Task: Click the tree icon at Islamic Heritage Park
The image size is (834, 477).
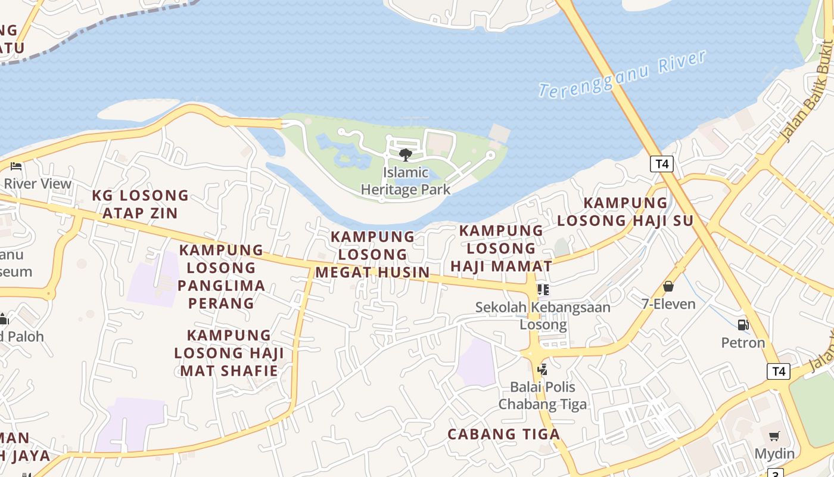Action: click(x=406, y=155)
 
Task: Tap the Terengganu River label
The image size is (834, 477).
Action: click(x=623, y=74)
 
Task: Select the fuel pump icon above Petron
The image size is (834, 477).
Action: click(x=743, y=325)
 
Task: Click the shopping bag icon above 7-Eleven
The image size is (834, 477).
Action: click(x=668, y=287)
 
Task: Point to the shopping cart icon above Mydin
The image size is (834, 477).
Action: click(x=774, y=436)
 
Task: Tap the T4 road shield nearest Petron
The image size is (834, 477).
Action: click(x=779, y=371)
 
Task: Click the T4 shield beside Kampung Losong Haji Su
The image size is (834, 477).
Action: click(x=661, y=164)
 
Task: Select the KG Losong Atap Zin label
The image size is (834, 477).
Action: click(x=141, y=204)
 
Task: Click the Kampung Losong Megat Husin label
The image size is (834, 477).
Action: click(x=372, y=255)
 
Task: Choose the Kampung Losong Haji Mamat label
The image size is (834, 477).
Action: click(x=501, y=248)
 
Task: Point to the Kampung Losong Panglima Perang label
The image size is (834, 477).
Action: click(x=221, y=276)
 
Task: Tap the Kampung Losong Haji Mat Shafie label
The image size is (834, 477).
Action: click(x=229, y=353)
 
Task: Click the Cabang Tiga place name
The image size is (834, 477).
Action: click(x=503, y=434)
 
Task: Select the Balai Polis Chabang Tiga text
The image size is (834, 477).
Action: click(x=542, y=395)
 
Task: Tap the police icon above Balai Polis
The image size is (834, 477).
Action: click(x=542, y=370)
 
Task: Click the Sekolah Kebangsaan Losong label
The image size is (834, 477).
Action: click(x=543, y=316)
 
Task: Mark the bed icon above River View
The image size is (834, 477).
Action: click(x=16, y=166)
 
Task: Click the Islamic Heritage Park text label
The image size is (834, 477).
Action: click(x=406, y=181)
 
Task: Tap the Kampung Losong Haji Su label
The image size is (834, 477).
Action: click(x=625, y=212)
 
